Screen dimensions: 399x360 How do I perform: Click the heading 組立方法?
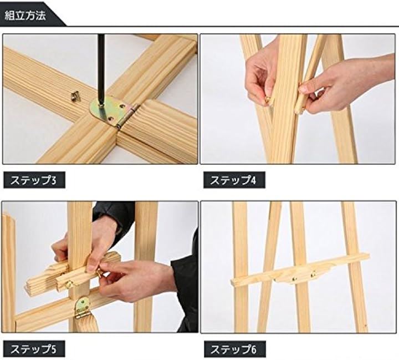(25, 16)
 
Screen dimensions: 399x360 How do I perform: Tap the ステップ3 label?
(33, 180)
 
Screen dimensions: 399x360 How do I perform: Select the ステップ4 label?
(233, 180)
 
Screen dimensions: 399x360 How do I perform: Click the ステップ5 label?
(33, 349)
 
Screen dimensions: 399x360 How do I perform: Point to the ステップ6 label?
(234, 349)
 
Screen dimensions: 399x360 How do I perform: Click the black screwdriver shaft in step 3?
(101, 69)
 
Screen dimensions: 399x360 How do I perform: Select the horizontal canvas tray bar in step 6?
(300, 271)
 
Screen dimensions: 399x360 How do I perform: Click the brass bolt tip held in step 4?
(268, 100)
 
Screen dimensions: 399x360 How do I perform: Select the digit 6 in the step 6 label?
(254, 349)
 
